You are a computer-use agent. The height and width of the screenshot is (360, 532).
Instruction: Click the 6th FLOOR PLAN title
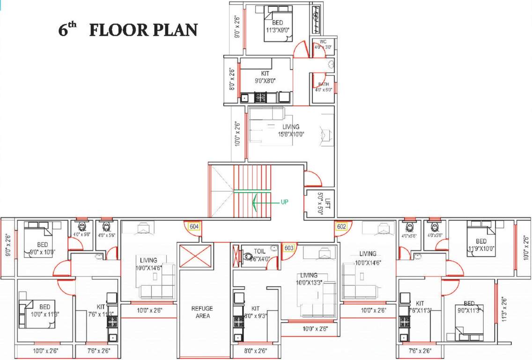coord(127,30)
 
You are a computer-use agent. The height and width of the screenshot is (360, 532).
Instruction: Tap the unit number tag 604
coord(194,227)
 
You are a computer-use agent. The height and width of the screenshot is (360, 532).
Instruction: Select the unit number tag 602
coord(341,227)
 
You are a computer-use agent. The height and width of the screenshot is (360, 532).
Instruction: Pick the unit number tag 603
coord(288,248)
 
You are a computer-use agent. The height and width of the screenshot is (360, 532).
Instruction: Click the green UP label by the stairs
coord(284,202)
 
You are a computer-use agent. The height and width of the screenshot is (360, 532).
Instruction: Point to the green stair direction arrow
coord(262,202)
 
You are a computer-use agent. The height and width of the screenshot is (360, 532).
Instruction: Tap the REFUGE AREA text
coord(202,312)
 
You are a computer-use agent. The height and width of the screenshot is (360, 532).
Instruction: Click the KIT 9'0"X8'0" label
coord(265,77)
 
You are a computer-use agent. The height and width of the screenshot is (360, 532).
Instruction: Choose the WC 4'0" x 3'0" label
coord(323,45)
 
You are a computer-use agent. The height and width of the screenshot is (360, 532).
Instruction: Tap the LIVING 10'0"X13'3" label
coord(309,279)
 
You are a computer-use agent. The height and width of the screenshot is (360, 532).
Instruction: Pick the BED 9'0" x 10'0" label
coord(43,248)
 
